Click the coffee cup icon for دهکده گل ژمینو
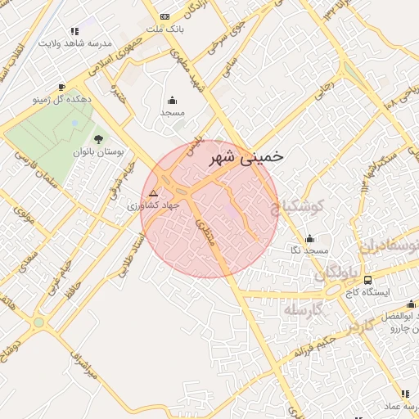coord(61,87)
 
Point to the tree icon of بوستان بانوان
coord(98,139)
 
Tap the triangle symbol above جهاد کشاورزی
coord(153,193)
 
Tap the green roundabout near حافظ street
coord(38,322)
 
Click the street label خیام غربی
coord(61,279)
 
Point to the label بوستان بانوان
coord(97,152)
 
